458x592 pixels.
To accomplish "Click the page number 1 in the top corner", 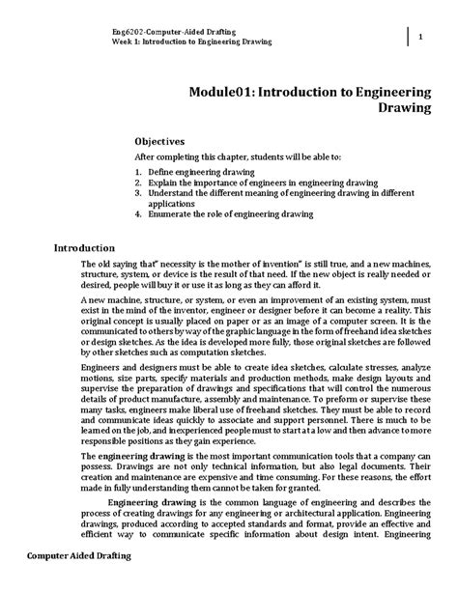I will [422, 37].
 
